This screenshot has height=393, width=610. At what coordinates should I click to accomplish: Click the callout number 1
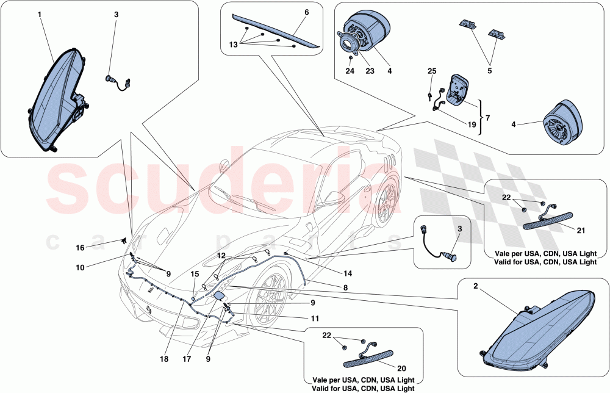40,14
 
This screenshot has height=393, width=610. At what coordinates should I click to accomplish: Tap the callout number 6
306,12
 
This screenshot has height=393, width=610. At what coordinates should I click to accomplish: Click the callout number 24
351,70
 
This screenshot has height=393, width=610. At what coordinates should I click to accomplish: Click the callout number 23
369,70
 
